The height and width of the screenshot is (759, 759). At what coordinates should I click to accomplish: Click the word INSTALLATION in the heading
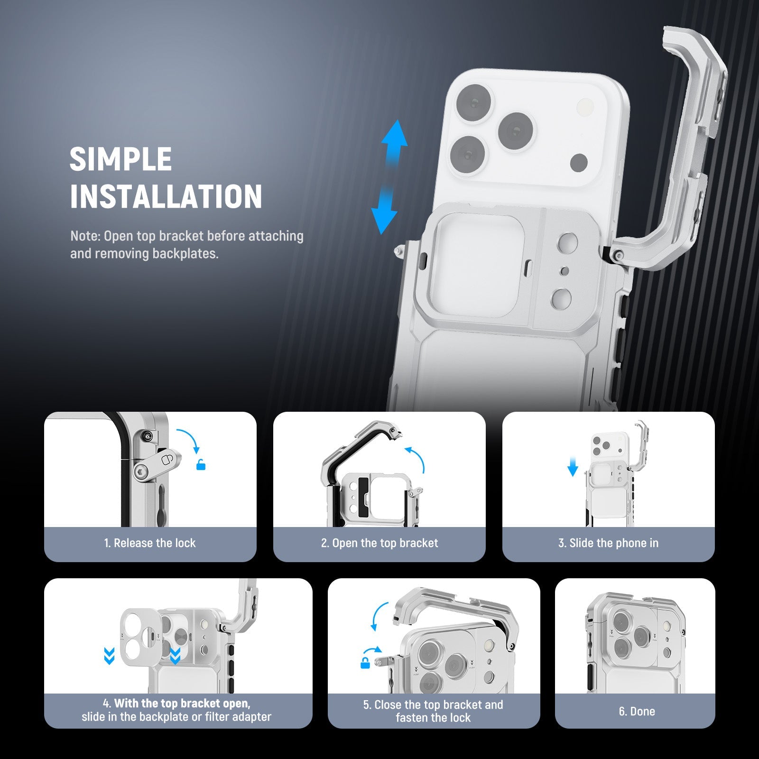pos(166,196)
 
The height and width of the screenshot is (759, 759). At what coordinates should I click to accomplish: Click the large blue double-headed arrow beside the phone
pos(389,176)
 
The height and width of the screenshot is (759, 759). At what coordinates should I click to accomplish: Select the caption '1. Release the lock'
pos(150,543)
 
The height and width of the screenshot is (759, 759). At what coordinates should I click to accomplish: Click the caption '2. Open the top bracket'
pos(379,543)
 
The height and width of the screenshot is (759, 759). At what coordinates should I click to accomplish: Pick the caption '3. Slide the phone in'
pos(609,543)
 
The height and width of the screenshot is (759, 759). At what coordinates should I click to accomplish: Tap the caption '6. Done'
pos(637,712)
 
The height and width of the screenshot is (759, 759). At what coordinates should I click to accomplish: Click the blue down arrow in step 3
pos(573,467)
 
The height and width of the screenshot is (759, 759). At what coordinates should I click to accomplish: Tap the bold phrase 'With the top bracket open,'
pos(182,703)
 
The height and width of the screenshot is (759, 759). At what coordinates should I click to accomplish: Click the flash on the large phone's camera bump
pos(585,106)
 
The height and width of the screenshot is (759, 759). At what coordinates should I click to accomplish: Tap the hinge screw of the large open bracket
pos(618,256)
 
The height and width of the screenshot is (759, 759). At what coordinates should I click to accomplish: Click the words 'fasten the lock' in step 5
pos(434,718)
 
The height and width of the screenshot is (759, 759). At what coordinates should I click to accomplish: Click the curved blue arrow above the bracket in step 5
pos(379,617)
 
